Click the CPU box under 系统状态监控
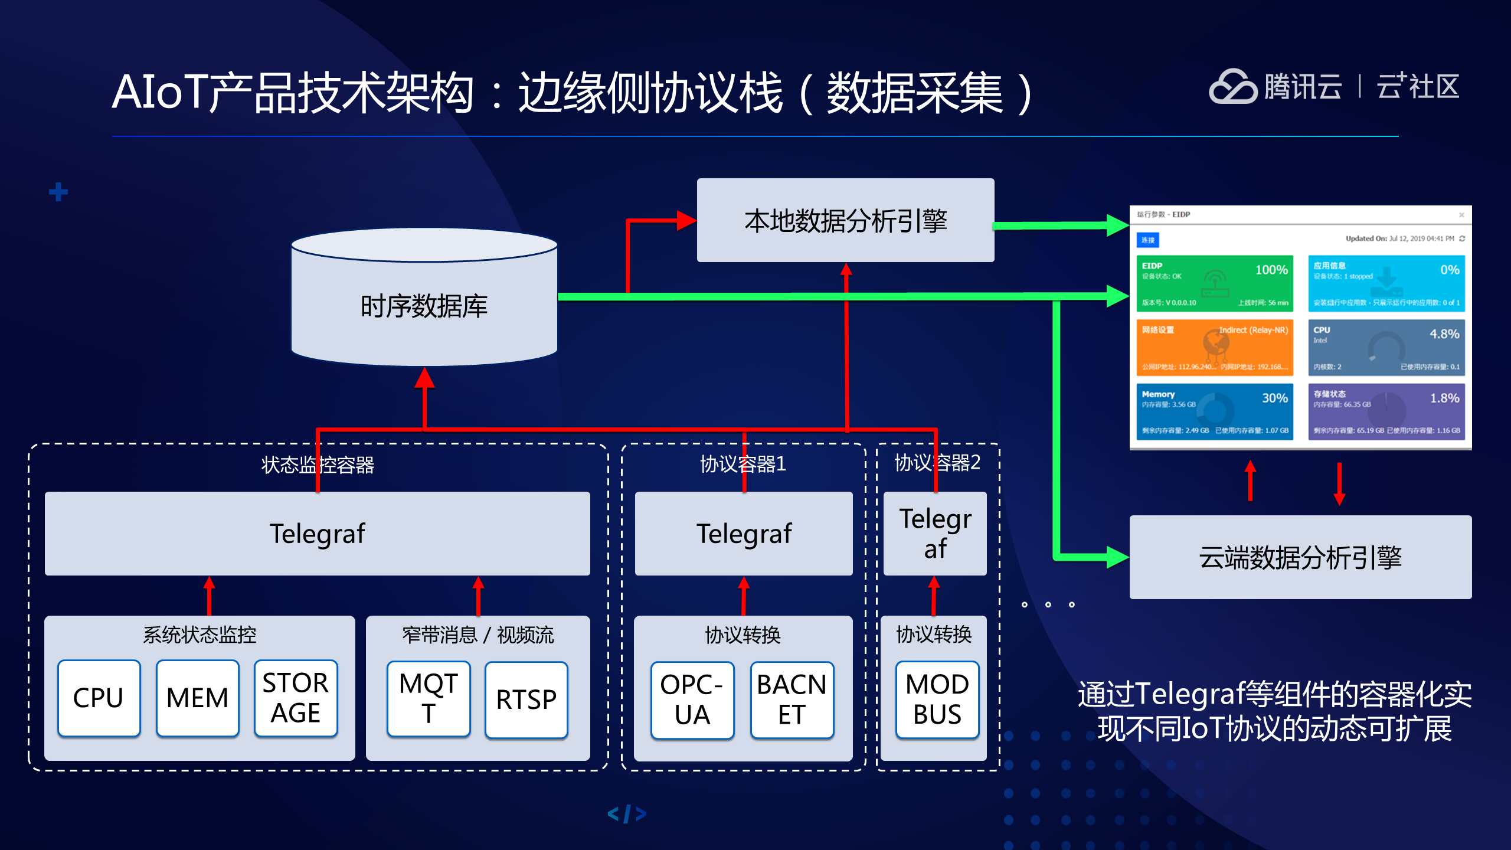coord(99,698)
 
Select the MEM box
coord(197,698)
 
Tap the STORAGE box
coord(295,698)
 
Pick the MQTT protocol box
coord(429,699)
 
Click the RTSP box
coord(526,699)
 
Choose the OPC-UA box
coord(692,700)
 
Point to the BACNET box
coord(792,700)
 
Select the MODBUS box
coord(937,699)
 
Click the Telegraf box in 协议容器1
coord(744,534)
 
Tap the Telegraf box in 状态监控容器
coord(318,534)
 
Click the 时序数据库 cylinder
coord(424,306)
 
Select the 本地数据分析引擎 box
coord(845,221)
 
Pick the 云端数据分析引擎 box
coord(1300,557)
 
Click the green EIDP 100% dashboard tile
coord(1214,283)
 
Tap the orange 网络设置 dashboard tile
coord(1214,348)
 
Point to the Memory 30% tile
coord(1214,411)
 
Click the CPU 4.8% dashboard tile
coord(1386,348)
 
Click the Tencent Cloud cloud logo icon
coord(1232,87)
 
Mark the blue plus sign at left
coord(58,192)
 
